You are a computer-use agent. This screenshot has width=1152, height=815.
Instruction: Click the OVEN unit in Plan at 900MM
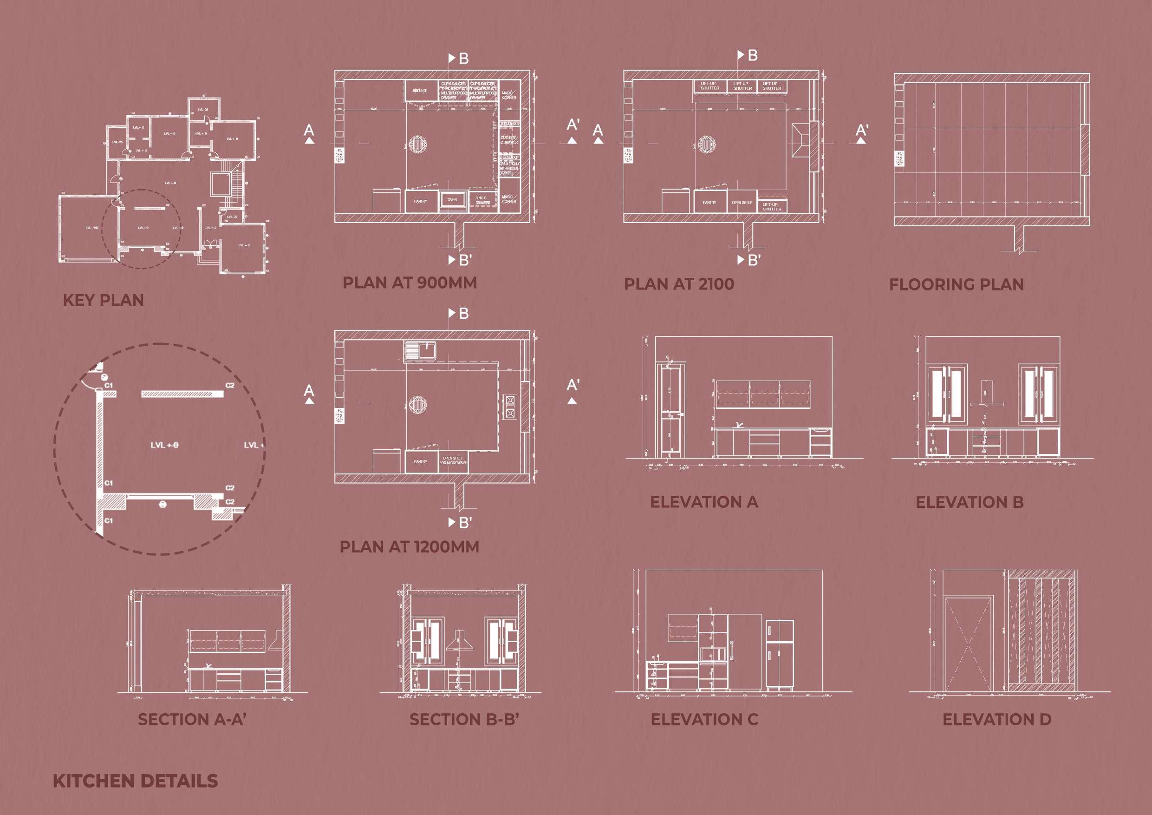coord(452,200)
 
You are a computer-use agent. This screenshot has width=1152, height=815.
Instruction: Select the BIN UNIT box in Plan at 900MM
coord(419,91)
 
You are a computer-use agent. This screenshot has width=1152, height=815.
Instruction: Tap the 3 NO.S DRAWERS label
coord(483,200)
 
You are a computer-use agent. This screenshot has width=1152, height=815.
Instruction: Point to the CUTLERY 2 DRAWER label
coord(509,139)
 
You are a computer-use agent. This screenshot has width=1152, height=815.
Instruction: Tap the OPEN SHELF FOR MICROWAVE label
coord(453,460)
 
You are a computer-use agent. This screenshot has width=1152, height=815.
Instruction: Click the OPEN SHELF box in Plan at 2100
coord(742,203)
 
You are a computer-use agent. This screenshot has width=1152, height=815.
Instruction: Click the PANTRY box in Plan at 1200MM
coord(421,461)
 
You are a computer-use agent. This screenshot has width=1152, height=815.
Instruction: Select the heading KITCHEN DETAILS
coord(135,781)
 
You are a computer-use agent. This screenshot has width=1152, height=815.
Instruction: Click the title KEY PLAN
coord(103,300)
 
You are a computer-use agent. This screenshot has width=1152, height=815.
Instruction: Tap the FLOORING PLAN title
coord(957,285)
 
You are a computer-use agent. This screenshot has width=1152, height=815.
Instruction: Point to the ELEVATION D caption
coord(996,719)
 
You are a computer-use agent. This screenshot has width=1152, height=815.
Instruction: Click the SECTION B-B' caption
coord(464,719)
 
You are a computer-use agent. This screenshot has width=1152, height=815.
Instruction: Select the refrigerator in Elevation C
coord(779,654)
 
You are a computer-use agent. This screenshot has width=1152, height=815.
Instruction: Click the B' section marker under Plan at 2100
coord(750,260)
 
